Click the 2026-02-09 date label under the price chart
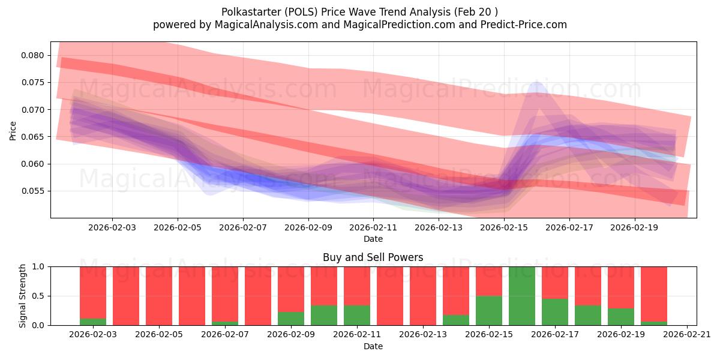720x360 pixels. click(308, 228)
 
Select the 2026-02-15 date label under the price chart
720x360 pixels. click(504, 228)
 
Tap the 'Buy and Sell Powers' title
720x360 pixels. click(373, 257)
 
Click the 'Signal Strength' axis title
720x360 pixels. click(23, 296)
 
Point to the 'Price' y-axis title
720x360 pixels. click(13, 130)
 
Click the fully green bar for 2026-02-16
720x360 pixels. click(522, 296)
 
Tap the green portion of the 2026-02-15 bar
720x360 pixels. click(489, 311)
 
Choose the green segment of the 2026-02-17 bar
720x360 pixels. click(555, 312)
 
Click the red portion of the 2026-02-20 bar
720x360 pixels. click(654, 294)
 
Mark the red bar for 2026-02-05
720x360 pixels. click(159, 296)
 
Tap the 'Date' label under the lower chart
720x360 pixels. click(373, 346)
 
